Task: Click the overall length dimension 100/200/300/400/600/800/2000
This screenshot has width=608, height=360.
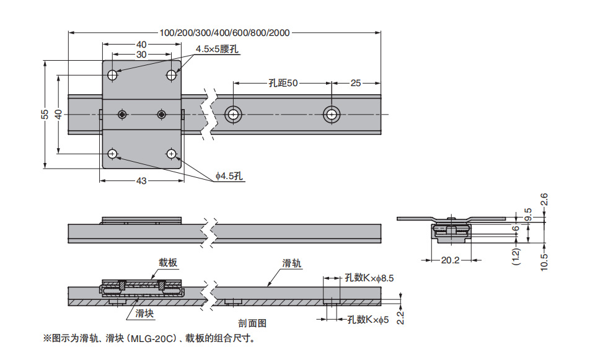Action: point(224,33)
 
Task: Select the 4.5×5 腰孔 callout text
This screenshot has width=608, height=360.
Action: point(217,49)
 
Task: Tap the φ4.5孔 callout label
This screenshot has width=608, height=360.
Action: point(229,176)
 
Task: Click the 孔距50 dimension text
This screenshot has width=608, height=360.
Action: point(283,83)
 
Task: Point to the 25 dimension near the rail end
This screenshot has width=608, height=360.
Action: point(356,83)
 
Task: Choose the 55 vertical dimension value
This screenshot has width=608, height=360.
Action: point(45,114)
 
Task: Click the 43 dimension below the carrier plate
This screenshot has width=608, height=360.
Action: point(141,181)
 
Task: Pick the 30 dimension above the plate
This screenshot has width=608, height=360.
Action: point(141,55)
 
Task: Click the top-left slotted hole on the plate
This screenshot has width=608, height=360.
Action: point(112,75)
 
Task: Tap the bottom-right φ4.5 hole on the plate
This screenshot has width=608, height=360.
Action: point(172,154)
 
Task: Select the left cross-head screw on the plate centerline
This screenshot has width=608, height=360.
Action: point(123,114)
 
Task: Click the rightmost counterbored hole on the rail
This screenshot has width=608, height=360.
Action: point(332,114)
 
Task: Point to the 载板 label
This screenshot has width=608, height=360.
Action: point(168,263)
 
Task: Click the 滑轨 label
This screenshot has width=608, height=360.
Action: point(291,263)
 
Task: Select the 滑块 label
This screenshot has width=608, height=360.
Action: point(144,313)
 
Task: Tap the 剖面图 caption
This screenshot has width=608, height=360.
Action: point(252,323)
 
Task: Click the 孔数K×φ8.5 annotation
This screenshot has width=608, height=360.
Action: point(369,278)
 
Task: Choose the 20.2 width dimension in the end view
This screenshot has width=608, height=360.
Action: point(450,260)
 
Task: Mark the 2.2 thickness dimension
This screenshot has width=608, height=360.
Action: point(400,318)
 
